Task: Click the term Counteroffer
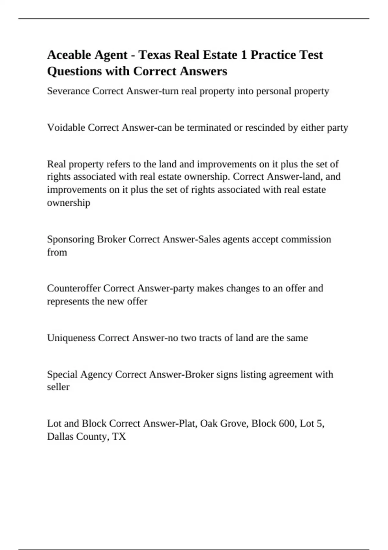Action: pyautogui.click(x=74, y=288)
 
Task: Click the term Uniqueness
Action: pyautogui.click(x=71, y=338)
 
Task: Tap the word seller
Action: pyautogui.click(x=58, y=387)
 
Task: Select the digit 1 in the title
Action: pyautogui.click(x=243, y=55)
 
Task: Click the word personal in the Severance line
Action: pyautogui.click(x=274, y=91)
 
